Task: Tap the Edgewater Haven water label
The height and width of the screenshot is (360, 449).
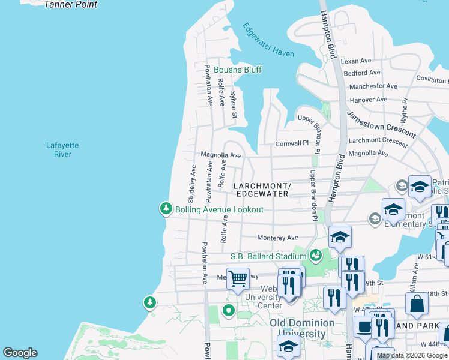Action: tap(268, 40)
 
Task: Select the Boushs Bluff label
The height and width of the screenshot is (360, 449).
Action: tap(238, 70)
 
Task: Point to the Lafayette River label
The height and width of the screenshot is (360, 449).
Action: tap(62, 149)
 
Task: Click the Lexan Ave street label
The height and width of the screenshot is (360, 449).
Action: tap(357, 61)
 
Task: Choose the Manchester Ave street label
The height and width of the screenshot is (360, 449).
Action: tap(373, 86)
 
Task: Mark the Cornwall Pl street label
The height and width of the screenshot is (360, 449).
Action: tap(292, 143)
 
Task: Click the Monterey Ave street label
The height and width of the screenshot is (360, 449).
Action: tap(278, 238)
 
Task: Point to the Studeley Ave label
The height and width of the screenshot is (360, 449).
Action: tap(193, 183)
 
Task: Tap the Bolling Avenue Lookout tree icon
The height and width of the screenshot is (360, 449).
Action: tap(165, 209)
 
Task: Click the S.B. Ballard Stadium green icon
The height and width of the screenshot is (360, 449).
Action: tap(315, 256)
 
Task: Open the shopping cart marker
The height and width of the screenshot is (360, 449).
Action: tap(238, 278)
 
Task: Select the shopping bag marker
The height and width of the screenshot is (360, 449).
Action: tap(417, 304)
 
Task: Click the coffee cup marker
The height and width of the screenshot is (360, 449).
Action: tap(364, 328)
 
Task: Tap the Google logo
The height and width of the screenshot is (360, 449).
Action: tap(20, 353)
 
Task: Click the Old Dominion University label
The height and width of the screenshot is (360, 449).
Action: tap(298, 328)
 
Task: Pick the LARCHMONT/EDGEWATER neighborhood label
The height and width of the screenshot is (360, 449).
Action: tap(262, 190)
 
